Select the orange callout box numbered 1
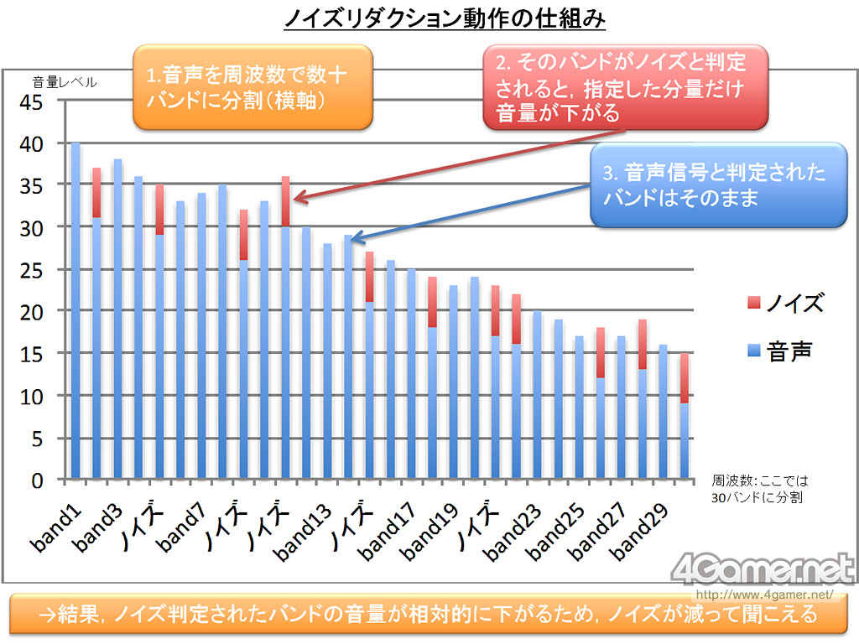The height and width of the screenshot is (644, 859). point(252,87)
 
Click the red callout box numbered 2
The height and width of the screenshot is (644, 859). point(626,86)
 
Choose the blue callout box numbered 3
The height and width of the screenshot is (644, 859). point(717,185)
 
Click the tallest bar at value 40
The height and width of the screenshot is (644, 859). point(75,310)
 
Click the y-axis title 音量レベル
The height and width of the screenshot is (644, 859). point(65,82)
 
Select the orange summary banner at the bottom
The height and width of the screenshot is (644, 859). point(429,614)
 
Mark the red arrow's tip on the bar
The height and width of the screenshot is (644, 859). point(294,200)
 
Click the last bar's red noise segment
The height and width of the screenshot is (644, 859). point(685,378)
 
